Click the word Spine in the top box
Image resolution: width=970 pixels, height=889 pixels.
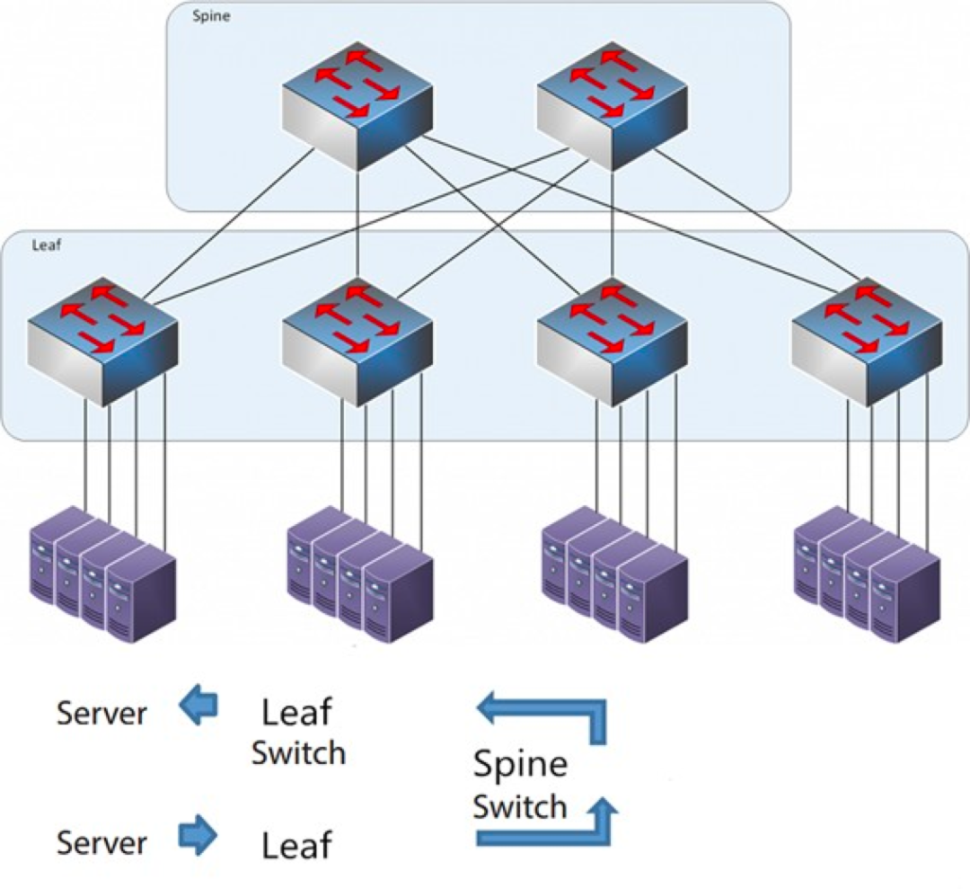(212, 16)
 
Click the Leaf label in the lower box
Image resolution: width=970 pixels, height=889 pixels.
(46, 244)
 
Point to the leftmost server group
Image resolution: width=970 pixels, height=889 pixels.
(102, 575)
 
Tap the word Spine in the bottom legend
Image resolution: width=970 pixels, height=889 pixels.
(520, 765)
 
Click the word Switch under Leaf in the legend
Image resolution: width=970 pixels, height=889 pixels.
(298, 753)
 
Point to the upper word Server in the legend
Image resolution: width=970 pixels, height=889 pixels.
(101, 714)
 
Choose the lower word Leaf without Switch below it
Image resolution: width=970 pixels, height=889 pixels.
(296, 846)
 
